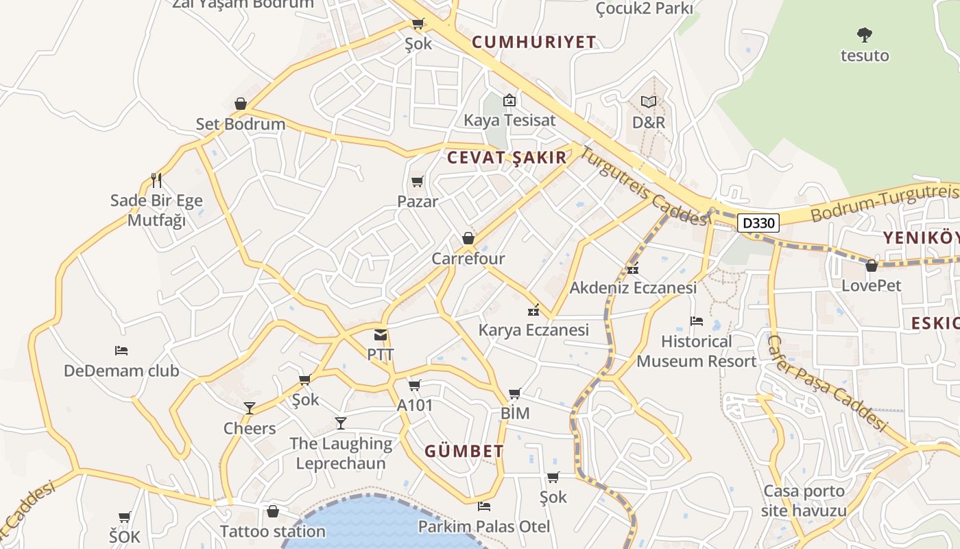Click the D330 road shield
point(758,223)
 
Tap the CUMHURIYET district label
point(534,42)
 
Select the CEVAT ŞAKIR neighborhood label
point(507,158)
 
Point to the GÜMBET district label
point(464,452)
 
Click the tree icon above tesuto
point(865,34)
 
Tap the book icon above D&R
point(648,102)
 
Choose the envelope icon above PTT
point(381,335)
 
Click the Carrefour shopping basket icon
point(468,238)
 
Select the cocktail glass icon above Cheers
point(250,408)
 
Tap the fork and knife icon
point(156,180)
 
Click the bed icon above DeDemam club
point(121,351)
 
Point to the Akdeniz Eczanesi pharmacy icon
point(632,268)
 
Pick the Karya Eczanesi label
point(533,330)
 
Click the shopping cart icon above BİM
point(515,394)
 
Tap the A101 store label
point(415,406)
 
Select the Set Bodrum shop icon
point(240,104)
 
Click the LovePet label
point(871,285)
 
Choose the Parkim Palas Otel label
point(484,527)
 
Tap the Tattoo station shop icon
point(273,511)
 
